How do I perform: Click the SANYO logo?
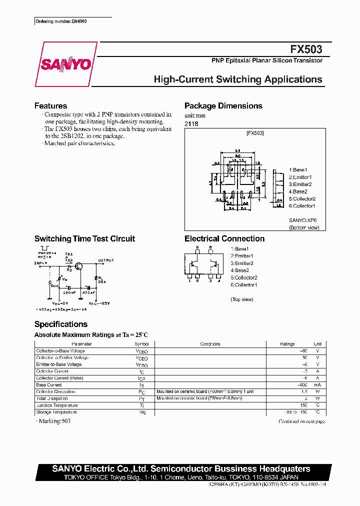(x=65, y=64)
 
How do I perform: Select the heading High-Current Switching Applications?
(x=237, y=79)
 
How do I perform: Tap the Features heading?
(x=50, y=106)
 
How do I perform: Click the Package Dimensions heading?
(x=223, y=106)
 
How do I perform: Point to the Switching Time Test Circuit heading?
(x=84, y=239)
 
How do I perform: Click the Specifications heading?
(x=60, y=324)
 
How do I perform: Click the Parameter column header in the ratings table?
(x=81, y=344)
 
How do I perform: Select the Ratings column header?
(x=287, y=344)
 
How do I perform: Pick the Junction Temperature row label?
(x=57, y=405)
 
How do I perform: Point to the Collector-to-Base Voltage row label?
(x=61, y=351)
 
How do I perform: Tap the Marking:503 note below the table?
(x=53, y=421)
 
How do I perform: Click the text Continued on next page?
(x=301, y=421)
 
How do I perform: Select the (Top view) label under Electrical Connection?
(x=242, y=299)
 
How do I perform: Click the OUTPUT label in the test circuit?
(x=106, y=260)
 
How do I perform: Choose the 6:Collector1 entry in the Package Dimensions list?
(x=302, y=206)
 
